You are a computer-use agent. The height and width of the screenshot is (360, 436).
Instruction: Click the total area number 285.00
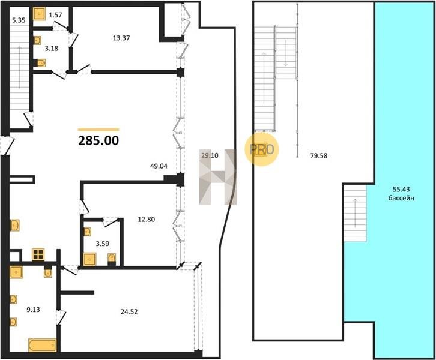tap(98, 141)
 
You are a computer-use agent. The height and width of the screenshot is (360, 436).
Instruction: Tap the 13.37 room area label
tap(121, 38)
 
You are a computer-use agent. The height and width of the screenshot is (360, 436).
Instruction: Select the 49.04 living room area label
tap(159, 166)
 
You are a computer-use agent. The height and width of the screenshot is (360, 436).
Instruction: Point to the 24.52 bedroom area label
tap(129, 311)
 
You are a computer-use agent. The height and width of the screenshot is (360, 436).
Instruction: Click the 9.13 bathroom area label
tap(33, 310)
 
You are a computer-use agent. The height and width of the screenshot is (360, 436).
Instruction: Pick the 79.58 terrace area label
tap(319, 156)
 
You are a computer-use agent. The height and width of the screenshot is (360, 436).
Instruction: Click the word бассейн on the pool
tap(401, 198)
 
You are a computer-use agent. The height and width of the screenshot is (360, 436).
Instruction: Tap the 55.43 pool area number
tap(401, 190)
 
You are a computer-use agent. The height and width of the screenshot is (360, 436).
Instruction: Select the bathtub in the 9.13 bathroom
tap(43, 345)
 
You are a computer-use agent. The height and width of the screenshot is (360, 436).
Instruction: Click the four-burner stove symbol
tap(38, 254)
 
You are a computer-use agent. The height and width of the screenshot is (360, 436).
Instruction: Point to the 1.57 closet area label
tap(55, 15)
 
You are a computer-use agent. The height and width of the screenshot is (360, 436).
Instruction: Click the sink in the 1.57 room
tap(40, 14)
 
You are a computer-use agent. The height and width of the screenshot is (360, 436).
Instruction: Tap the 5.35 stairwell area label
tap(19, 20)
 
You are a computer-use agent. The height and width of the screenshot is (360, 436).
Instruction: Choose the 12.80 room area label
tap(147, 220)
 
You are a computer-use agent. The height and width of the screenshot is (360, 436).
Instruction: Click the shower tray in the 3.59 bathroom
tap(89, 259)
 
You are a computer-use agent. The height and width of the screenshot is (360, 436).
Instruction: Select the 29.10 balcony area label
tap(210, 155)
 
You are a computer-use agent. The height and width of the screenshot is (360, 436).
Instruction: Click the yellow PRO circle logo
tap(261, 149)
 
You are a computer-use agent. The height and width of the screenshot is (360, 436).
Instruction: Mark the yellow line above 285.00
tap(98, 130)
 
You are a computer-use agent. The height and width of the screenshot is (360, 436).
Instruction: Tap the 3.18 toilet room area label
tap(52, 49)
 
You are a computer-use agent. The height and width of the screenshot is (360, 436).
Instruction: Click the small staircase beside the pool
tap(355, 214)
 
